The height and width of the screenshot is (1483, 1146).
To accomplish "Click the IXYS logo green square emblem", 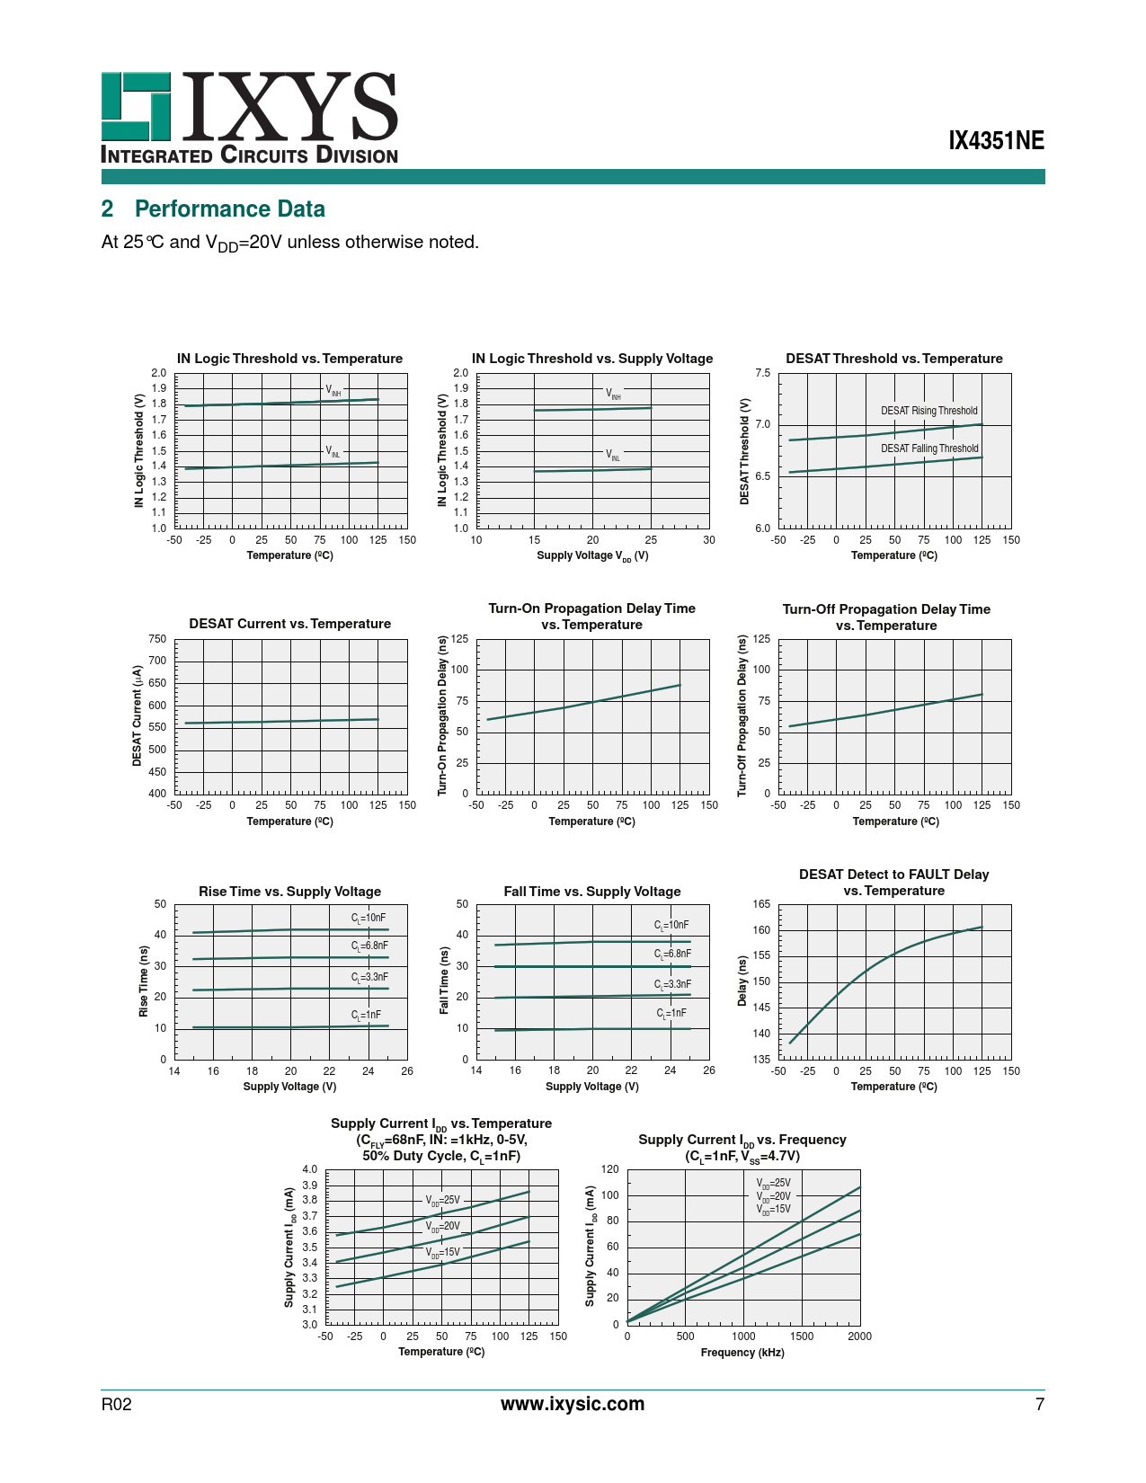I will click(x=136, y=106).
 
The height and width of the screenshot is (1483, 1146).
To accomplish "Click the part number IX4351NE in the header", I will click(x=997, y=141).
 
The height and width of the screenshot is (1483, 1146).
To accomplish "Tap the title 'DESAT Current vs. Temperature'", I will click(x=289, y=624).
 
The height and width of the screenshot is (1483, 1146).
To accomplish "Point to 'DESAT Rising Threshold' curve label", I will click(x=928, y=411).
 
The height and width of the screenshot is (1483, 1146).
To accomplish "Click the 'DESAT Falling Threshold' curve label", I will click(x=928, y=448).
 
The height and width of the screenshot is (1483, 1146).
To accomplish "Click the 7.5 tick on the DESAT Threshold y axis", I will click(x=762, y=373).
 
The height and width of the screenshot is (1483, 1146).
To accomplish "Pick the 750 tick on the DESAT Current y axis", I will click(x=157, y=639).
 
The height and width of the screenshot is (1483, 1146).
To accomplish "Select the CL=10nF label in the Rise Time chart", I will click(x=369, y=918).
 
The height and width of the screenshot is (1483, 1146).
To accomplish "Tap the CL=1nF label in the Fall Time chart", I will click(x=671, y=1014).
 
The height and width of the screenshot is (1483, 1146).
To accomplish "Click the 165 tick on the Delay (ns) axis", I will click(x=761, y=904).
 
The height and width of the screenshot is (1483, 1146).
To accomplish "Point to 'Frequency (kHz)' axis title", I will click(x=742, y=1353).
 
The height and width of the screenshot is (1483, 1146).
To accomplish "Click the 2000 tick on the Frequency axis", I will click(x=859, y=1336).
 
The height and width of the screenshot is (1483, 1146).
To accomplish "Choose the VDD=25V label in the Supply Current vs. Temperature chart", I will click(x=442, y=1200).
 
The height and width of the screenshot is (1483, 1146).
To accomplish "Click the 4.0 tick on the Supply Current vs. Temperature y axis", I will click(x=309, y=1169).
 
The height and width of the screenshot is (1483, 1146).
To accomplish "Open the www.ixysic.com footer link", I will click(x=573, y=1405).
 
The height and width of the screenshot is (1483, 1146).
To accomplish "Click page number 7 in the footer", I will click(x=1040, y=1405).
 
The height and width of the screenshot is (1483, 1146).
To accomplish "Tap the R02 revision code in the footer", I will click(x=117, y=1405).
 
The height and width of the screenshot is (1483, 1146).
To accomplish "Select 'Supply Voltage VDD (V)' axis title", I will click(x=592, y=555).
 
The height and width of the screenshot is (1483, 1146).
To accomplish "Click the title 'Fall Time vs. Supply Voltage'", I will click(x=592, y=892).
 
